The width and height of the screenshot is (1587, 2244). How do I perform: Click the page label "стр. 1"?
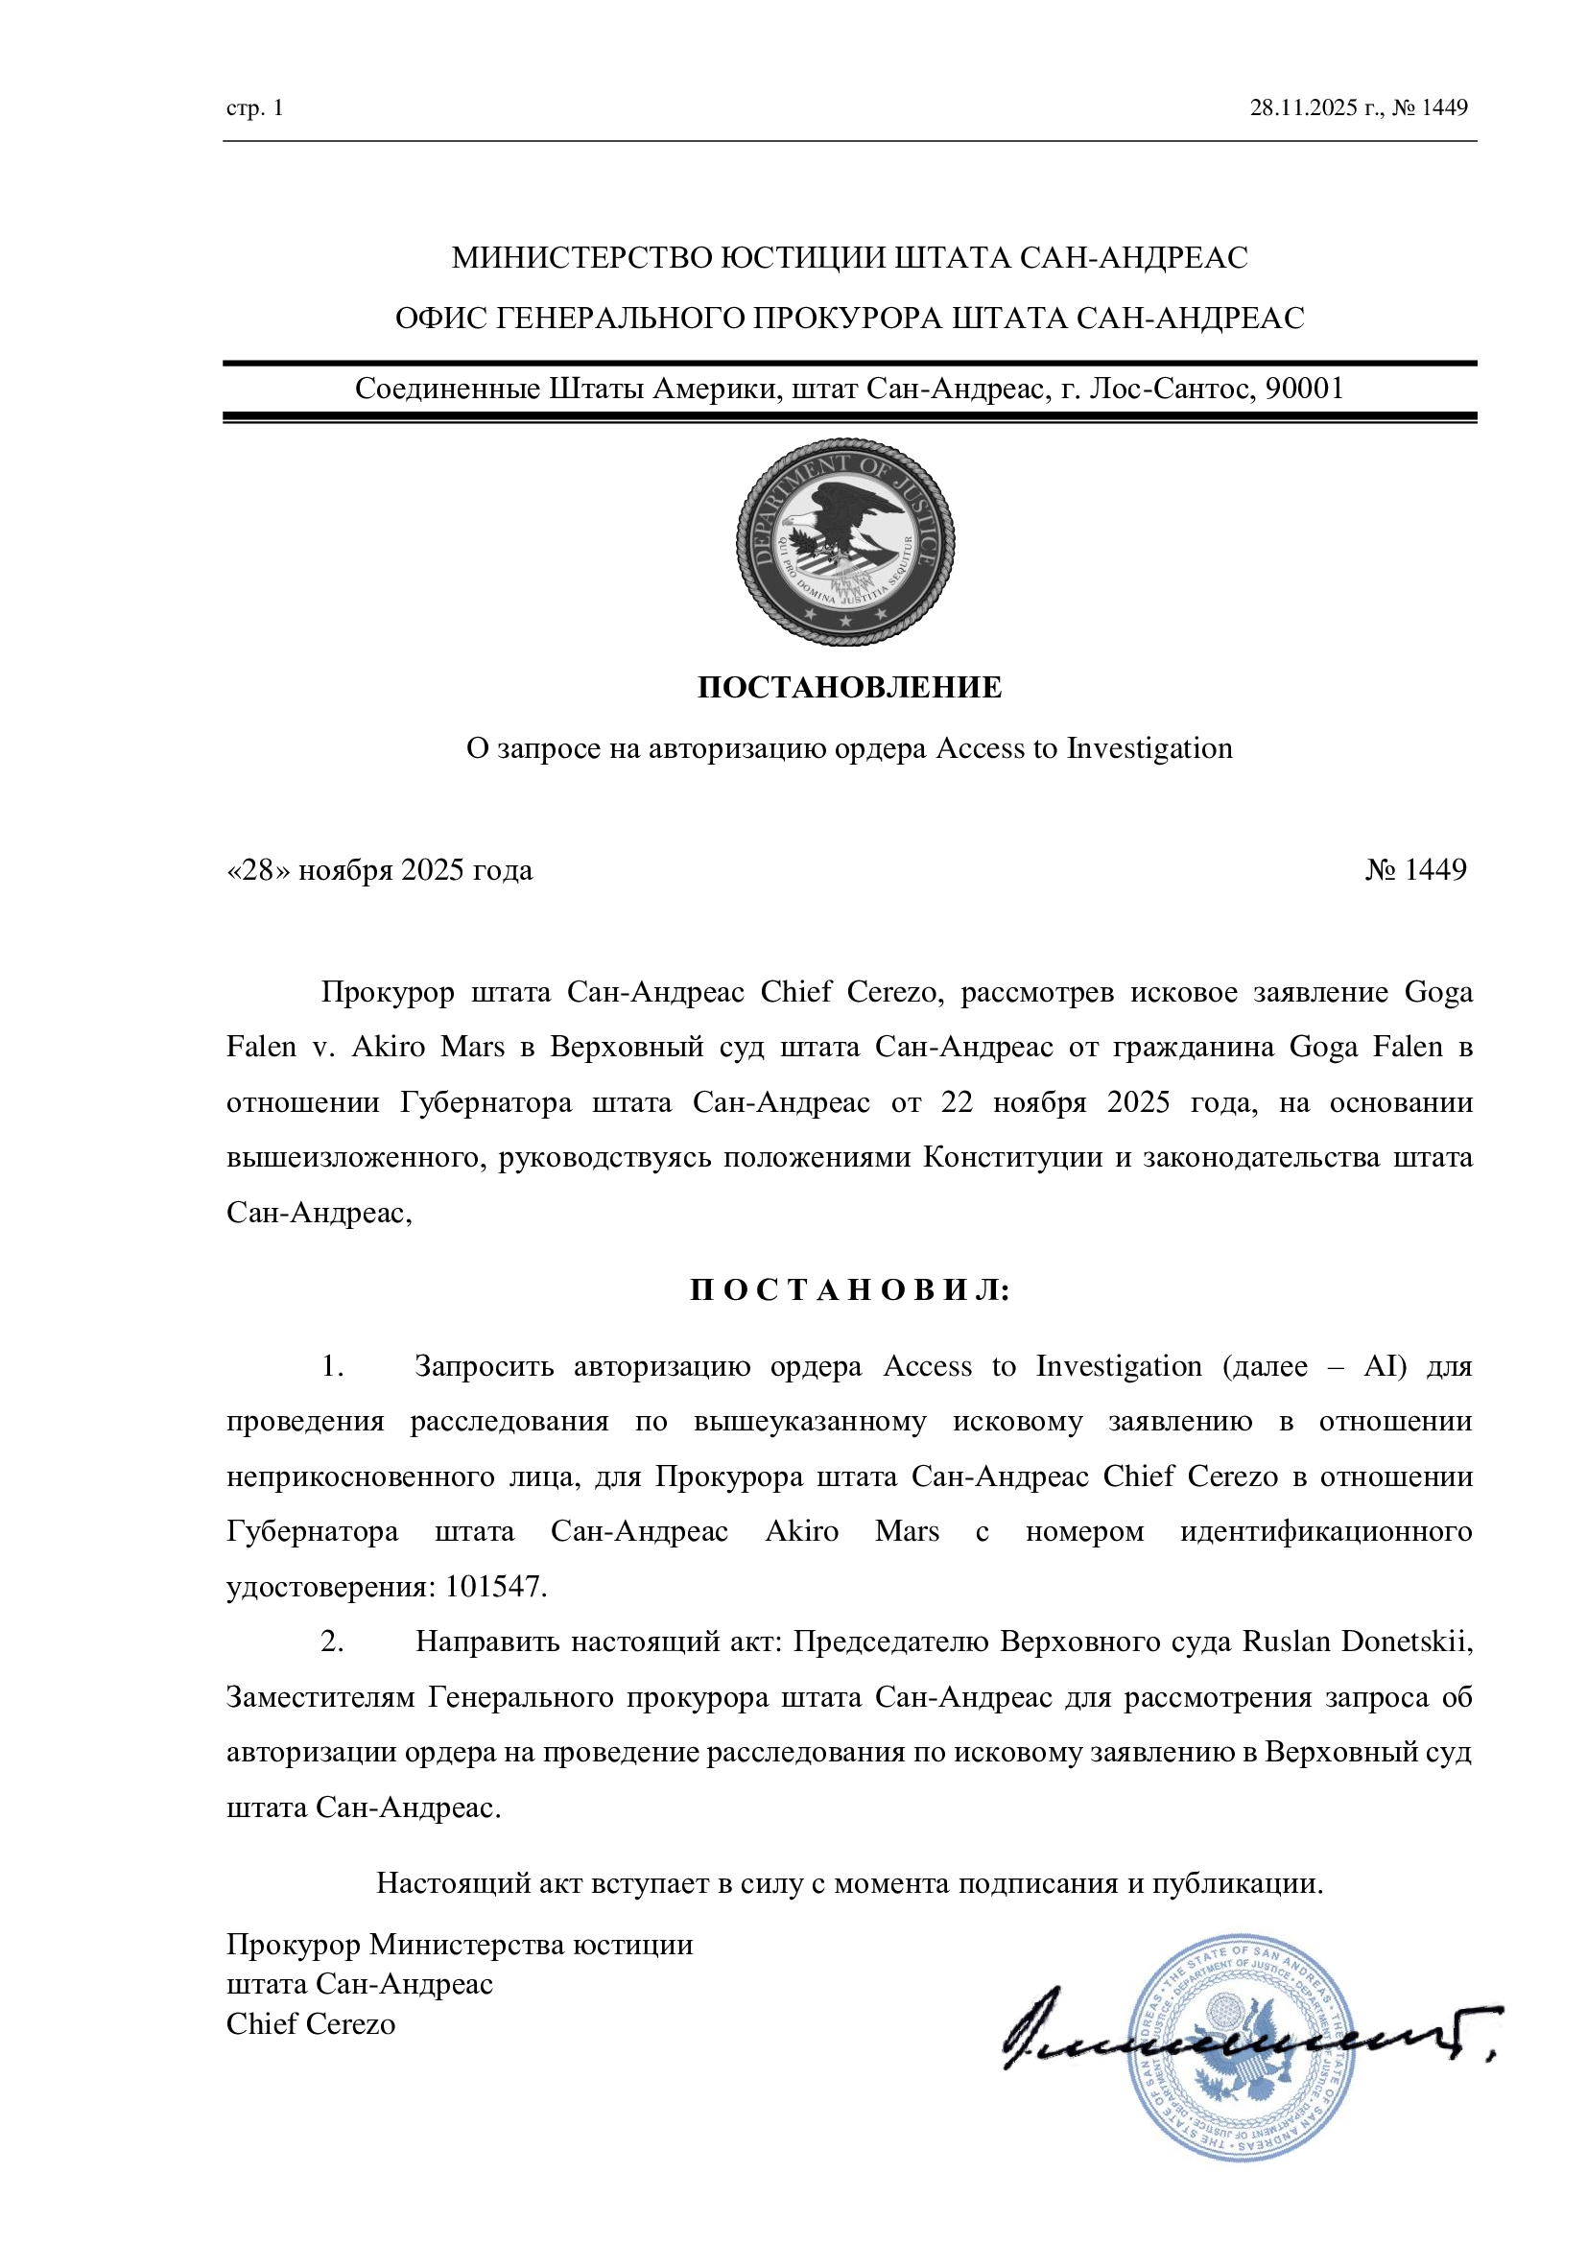point(254,107)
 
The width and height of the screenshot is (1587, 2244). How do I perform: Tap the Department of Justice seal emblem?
point(845,541)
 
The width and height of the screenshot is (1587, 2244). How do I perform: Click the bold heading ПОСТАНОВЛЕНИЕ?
point(849,687)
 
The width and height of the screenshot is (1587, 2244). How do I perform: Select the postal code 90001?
point(1305,389)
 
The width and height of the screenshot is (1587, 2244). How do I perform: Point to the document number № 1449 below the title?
point(1416,869)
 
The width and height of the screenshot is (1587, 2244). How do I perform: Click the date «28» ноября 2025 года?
point(379,869)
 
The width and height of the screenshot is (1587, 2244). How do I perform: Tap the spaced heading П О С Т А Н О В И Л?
point(849,1289)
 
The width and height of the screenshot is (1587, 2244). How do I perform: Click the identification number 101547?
point(493,1585)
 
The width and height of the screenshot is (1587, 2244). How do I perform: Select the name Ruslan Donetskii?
point(1357,1641)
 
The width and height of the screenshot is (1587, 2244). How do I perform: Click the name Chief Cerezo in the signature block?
point(311,2023)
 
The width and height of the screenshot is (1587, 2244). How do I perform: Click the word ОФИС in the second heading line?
point(440,319)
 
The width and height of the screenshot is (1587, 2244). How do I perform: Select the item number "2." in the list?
point(332,1641)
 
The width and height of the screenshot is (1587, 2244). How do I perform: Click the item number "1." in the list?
point(332,1365)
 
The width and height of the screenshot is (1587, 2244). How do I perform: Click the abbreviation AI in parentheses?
point(1383,1365)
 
